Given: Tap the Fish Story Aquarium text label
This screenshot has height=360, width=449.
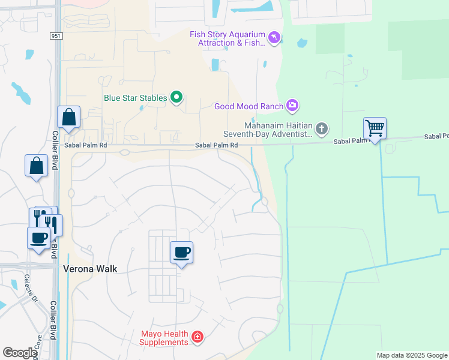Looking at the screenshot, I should [x=226, y=38].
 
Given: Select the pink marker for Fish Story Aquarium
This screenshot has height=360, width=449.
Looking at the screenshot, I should [x=274, y=38].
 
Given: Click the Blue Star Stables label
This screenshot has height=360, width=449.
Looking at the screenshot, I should [x=134, y=98].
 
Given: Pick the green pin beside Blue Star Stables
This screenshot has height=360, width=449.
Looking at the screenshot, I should [x=176, y=97].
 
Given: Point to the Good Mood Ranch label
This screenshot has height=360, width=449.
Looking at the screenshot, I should [x=249, y=107].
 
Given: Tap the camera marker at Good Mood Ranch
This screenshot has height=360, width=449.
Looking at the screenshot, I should [x=292, y=106].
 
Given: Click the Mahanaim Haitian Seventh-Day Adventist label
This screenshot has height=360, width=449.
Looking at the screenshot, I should [x=268, y=130].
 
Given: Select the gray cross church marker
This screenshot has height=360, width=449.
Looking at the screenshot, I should [x=322, y=128].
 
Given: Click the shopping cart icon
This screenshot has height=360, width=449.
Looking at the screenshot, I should [x=375, y=128].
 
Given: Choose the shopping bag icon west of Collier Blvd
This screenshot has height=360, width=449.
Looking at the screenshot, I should [x=36, y=165].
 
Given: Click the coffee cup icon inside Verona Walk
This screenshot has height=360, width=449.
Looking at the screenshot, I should [x=181, y=252].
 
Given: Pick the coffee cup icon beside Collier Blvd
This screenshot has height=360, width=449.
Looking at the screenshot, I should [x=39, y=238].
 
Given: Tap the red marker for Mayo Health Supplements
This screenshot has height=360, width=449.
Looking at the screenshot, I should [x=197, y=338].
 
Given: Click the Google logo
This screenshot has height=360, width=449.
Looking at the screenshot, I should [x=20, y=353].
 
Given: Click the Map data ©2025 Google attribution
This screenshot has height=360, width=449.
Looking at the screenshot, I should [x=411, y=355].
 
